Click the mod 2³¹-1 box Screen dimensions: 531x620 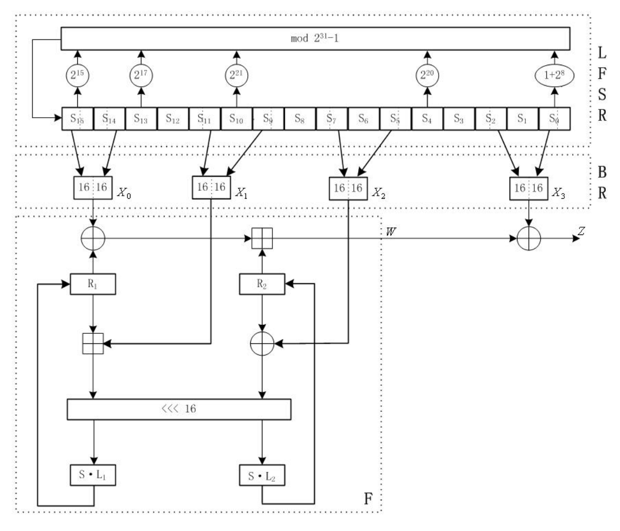(316, 39)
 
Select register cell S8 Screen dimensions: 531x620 (300, 119)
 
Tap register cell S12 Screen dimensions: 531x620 (173, 119)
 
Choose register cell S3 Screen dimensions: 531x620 (459, 119)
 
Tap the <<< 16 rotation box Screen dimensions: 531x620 (179, 409)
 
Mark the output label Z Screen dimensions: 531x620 (580, 231)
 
